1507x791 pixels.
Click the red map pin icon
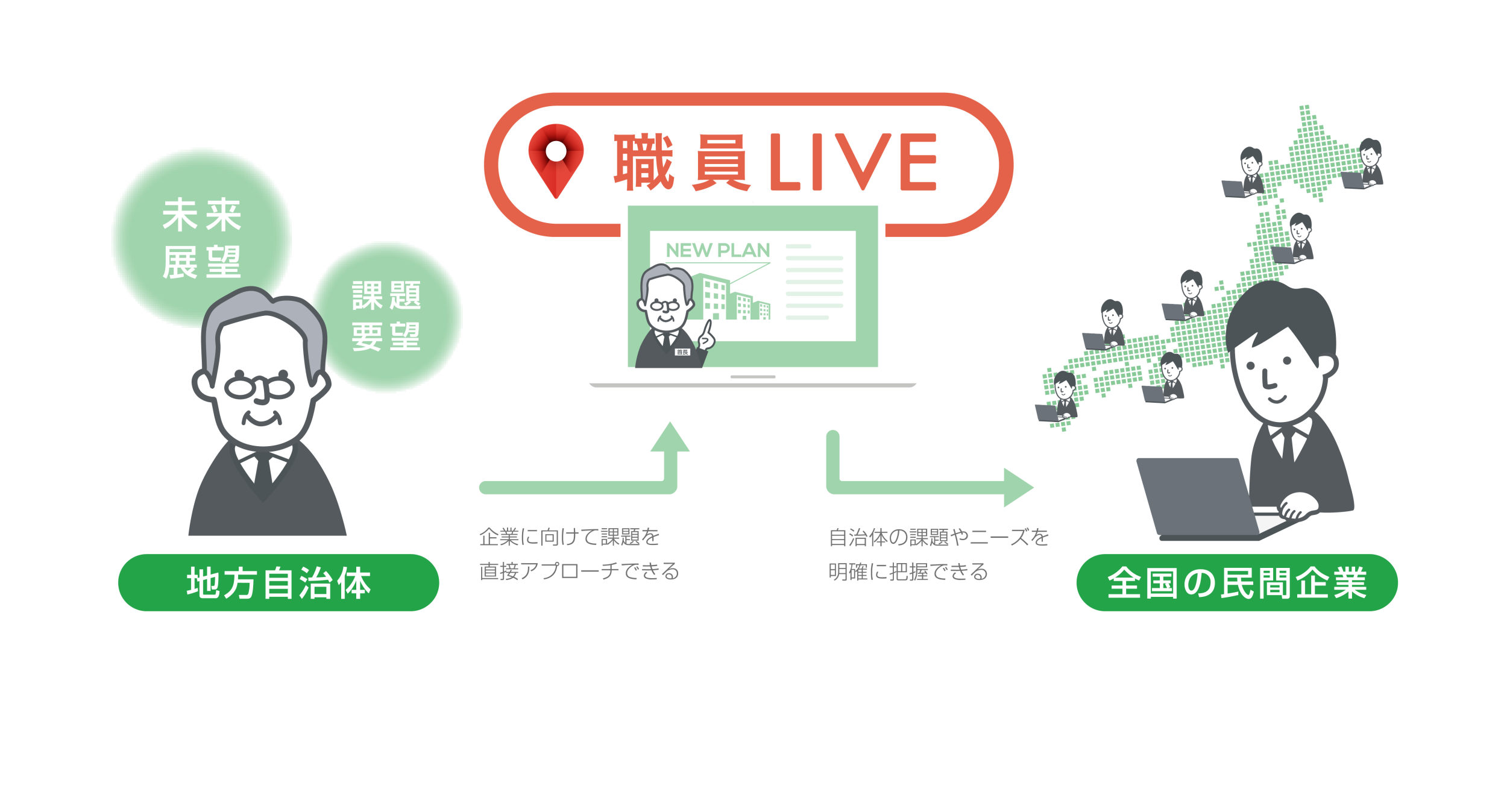point(556,158)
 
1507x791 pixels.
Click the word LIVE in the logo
point(853,162)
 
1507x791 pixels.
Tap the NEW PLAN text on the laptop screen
point(717,250)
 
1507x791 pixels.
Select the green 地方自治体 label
point(278,583)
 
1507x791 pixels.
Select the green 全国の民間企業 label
point(1237,583)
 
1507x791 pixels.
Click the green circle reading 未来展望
point(201,238)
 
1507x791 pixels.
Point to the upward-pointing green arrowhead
point(670,436)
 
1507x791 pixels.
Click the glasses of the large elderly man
point(260,387)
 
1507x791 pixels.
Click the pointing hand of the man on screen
point(706,337)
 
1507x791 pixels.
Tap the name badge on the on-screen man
point(682,352)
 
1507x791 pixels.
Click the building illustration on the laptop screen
point(732,298)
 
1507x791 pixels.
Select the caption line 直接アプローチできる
point(579,571)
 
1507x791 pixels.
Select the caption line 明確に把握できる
point(908,572)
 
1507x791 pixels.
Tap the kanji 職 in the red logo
point(643,162)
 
